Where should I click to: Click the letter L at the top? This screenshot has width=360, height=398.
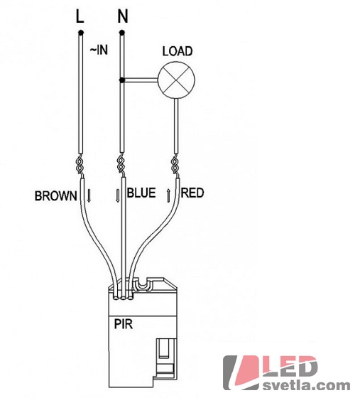[80, 16]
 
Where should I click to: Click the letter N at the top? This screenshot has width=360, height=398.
[123, 16]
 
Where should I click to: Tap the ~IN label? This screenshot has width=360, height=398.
[99, 50]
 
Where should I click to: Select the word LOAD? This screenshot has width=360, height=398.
[178, 51]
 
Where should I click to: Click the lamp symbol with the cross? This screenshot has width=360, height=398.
[177, 80]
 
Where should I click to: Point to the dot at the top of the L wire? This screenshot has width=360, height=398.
[81, 33]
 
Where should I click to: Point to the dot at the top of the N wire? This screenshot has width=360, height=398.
[122, 33]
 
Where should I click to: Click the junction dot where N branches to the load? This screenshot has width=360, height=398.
[122, 80]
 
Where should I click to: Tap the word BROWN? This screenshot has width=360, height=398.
[56, 196]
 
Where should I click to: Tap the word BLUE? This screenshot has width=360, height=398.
[141, 193]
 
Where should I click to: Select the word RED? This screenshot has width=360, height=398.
[192, 193]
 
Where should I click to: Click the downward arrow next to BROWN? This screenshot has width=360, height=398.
[89, 195]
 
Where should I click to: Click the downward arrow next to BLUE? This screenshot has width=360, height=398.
[117, 195]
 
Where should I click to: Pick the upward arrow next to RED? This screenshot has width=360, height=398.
[168, 195]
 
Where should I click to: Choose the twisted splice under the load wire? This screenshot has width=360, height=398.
[175, 166]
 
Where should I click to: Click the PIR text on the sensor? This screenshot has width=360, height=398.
[124, 324]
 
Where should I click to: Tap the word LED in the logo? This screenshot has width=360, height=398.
[290, 367]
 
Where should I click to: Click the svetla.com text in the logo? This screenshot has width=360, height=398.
[306, 385]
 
